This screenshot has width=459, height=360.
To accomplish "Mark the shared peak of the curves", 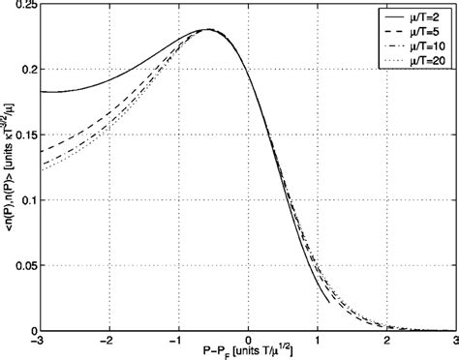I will (210, 30).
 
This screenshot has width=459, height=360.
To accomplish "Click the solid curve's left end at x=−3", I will (42, 92).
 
